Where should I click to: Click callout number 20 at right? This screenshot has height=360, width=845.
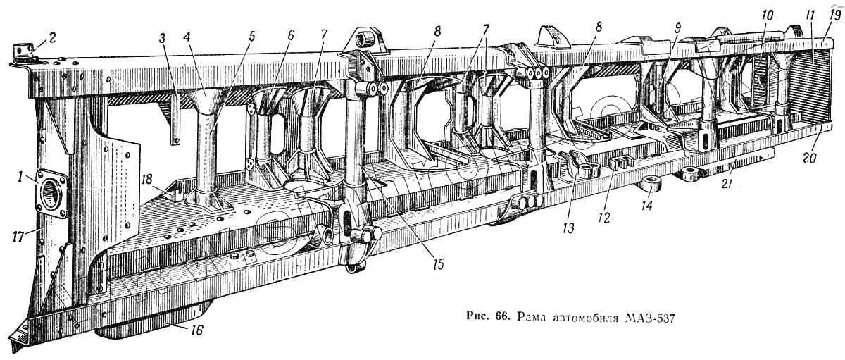coord(809,159)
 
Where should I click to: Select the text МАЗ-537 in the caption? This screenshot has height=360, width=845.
coord(649,317)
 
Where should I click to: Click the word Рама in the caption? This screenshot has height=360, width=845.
coord(532,317)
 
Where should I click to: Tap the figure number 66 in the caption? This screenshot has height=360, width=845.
coord(501,317)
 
